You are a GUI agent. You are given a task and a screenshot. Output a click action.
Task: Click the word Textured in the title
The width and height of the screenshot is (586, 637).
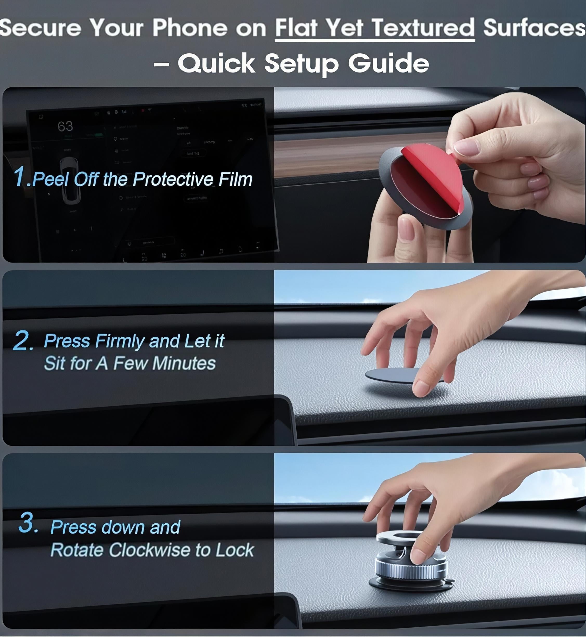[423, 28]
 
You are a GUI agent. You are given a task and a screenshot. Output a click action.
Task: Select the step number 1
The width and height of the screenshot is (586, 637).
[22, 177]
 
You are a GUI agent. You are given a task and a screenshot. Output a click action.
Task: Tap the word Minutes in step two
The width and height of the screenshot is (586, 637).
[184, 363]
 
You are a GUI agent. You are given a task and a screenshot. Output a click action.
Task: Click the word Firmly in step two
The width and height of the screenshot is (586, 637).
[120, 341]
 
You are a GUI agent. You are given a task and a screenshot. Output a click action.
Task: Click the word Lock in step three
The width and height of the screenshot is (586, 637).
[235, 550]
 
